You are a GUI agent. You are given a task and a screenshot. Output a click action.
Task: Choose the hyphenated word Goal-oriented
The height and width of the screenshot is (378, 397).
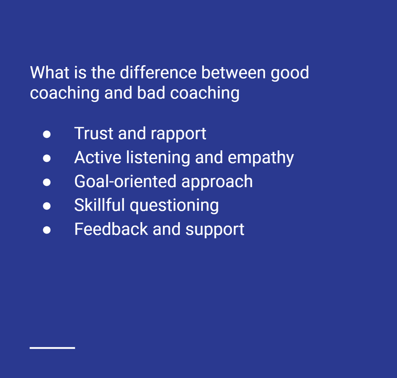click(x=126, y=181)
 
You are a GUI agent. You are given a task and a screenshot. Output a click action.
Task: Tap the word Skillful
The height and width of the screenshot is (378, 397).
click(x=99, y=205)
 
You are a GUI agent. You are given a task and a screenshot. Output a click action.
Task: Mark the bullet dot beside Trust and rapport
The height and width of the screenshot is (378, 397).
click(x=47, y=134)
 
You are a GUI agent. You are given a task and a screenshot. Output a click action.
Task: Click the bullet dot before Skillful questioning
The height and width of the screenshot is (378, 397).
click(x=47, y=206)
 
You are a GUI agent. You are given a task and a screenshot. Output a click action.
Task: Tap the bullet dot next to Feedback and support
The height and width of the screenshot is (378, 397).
click(x=47, y=230)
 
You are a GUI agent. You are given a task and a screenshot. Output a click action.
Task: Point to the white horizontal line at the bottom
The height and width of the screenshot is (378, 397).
click(x=52, y=348)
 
